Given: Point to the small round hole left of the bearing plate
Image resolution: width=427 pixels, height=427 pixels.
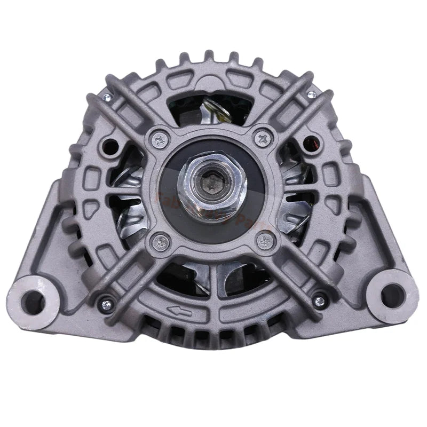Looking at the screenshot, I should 112,144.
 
